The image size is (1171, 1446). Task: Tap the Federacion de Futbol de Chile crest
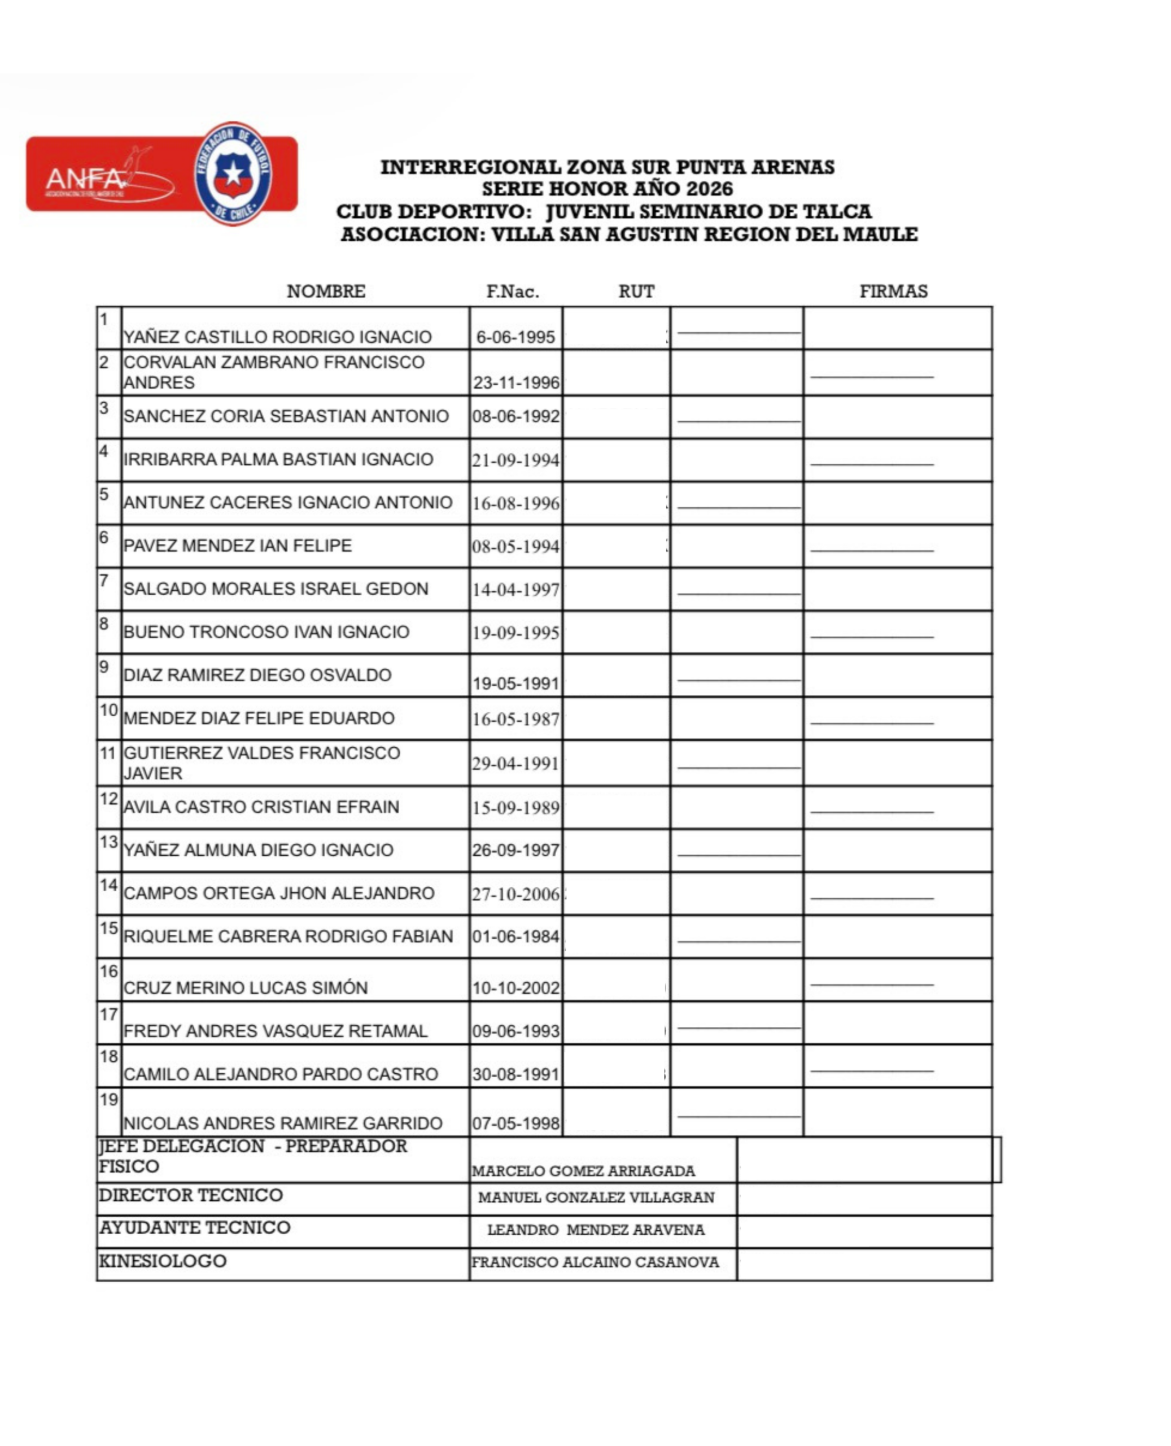click(x=233, y=173)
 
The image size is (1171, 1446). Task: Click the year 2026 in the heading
click(x=710, y=189)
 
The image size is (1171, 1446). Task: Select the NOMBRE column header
click(x=326, y=291)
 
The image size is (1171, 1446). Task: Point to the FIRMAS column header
click(x=893, y=291)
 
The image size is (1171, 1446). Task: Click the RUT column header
click(x=636, y=291)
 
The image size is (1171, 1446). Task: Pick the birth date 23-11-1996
click(x=516, y=382)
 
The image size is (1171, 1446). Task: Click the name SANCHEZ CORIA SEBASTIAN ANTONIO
click(x=286, y=416)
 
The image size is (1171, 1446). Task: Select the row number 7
click(x=104, y=580)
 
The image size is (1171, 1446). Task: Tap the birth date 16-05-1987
click(x=516, y=719)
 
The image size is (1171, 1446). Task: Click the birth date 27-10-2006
click(x=516, y=894)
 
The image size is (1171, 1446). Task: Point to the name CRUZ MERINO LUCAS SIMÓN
click(x=246, y=988)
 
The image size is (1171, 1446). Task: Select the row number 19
click(x=108, y=1100)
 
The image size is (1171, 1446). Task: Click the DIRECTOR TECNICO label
click(x=191, y=1195)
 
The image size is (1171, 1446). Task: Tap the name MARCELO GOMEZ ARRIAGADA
click(x=583, y=1171)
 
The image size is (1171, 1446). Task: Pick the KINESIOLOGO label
click(x=163, y=1261)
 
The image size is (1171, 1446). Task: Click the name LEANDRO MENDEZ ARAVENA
click(x=596, y=1230)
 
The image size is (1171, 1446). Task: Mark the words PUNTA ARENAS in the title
click(x=755, y=167)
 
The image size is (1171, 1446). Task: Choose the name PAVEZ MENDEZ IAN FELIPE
click(x=238, y=545)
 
